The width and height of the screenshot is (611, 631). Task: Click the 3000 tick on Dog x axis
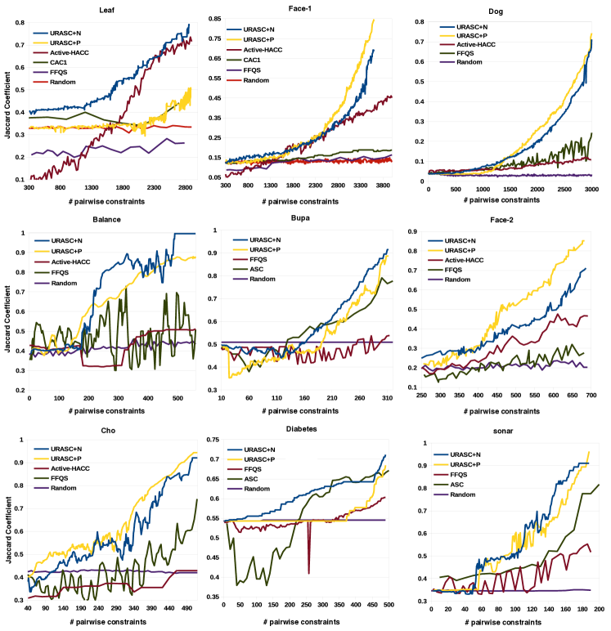(591, 189)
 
